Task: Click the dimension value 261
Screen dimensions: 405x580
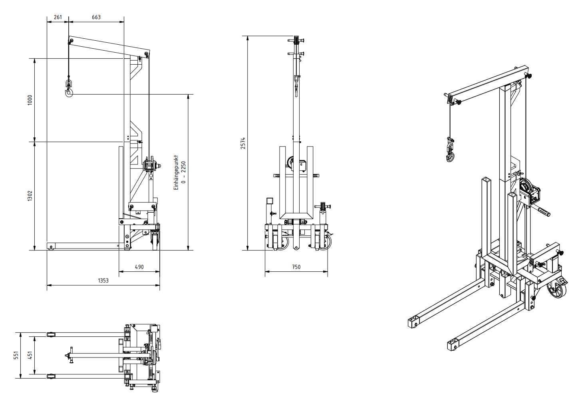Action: tap(58, 17)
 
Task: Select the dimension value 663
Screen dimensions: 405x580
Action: tap(96, 17)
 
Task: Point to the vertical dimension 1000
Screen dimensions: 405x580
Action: tap(30, 100)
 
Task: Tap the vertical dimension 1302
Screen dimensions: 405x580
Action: tap(30, 196)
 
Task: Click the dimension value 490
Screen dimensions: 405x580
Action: tap(139, 267)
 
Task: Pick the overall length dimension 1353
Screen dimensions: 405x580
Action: tap(103, 281)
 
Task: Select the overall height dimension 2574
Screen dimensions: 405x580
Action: tap(243, 143)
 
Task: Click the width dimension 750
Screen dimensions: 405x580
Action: tap(296, 267)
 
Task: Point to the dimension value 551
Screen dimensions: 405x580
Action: tap(16, 355)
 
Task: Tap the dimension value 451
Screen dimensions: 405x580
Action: tap(30, 355)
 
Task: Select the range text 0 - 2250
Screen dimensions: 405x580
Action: tap(183, 172)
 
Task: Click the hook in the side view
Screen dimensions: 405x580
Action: tap(69, 92)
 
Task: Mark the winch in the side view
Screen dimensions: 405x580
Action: tap(150, 164)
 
